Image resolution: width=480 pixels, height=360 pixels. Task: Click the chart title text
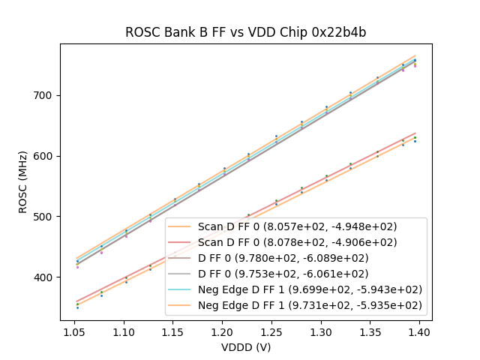pos(245,32)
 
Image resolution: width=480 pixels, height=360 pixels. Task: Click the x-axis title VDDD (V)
pos(245,347)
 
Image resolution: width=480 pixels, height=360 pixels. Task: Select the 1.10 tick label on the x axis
pos(123,331)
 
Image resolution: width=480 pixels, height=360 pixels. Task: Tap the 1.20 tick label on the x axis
pos(222,331)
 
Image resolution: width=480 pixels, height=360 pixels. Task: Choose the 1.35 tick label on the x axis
pos(370,331)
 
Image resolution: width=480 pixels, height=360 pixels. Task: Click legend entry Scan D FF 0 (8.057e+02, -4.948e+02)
pos(297,226)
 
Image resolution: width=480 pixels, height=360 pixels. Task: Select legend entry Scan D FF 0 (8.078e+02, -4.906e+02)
pos(297,242)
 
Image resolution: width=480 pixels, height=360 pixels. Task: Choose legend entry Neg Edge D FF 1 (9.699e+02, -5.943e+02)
pos(310,289)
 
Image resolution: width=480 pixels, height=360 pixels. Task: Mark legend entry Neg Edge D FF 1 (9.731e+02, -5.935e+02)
pos(310,305)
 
